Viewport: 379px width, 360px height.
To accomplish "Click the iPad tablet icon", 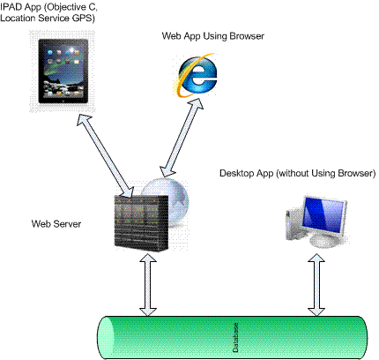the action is point(63,71).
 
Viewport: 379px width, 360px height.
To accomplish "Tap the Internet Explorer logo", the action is point(196,75).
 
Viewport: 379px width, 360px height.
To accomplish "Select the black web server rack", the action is point(141,223).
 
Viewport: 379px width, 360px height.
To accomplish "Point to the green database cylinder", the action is point(232,338).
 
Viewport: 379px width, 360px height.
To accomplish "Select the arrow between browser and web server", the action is point(182,137).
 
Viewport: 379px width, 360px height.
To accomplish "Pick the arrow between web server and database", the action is point(148,284).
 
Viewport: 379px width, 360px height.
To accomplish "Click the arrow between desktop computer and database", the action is point(316,285).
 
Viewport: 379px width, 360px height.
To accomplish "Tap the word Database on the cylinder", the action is point(235,338).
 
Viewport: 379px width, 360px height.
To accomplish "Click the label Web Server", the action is point(56,224).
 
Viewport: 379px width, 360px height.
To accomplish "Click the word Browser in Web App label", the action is point(247,36).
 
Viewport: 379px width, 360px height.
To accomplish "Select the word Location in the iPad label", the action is point(18,18).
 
